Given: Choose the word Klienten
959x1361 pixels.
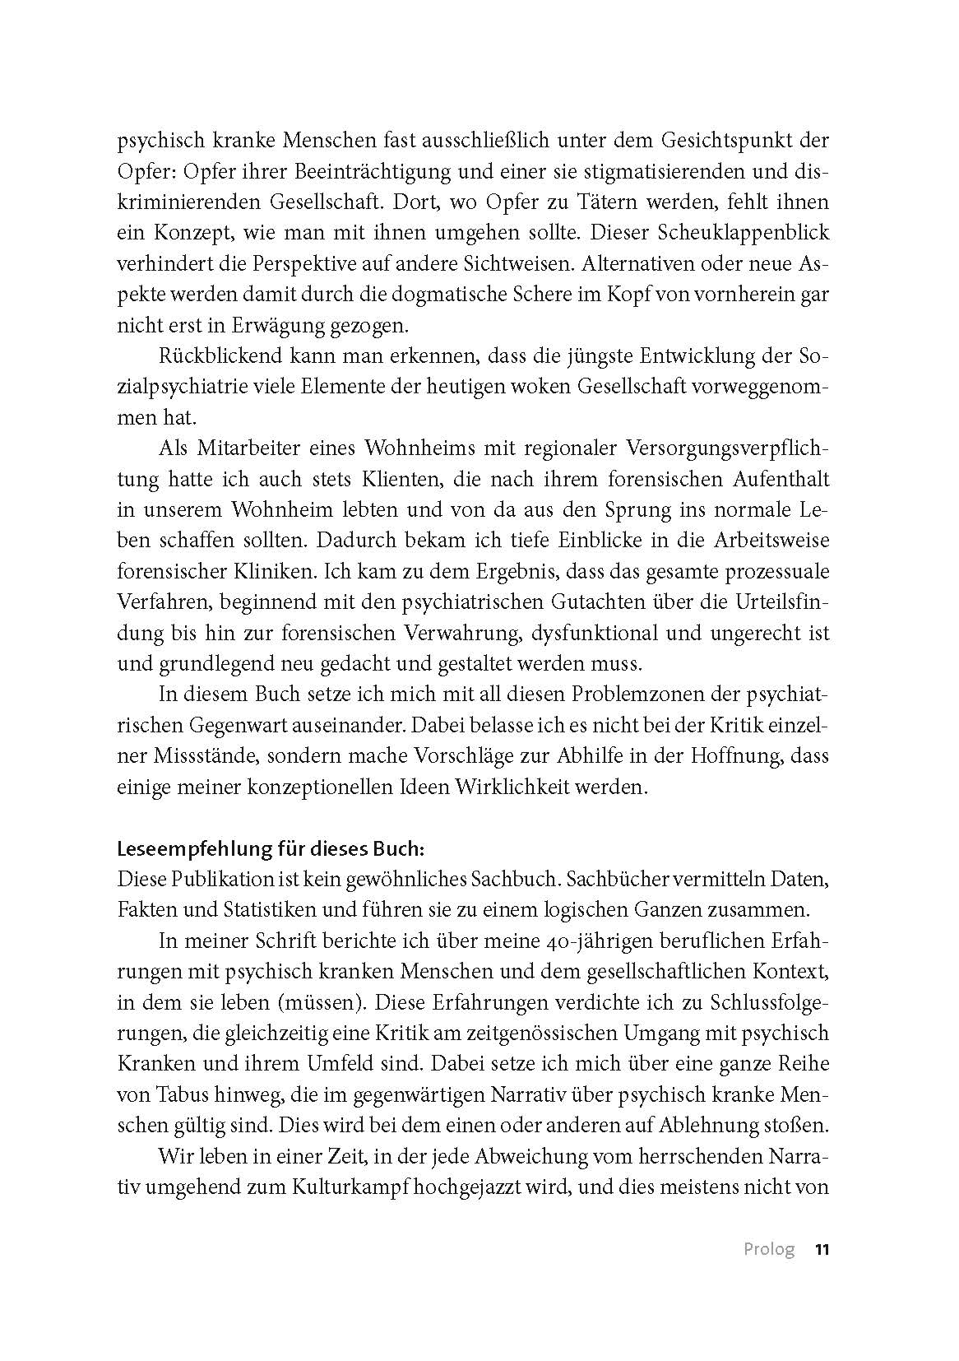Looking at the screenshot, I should (394, 479).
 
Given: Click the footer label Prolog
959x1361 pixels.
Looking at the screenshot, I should (769, 1249).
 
